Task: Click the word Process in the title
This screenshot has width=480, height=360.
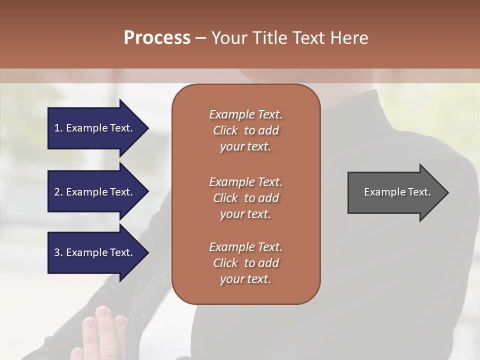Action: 157,37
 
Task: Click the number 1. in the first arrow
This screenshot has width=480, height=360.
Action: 58,128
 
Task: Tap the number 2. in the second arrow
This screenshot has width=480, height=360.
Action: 58,192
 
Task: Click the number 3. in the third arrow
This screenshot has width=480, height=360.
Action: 58,252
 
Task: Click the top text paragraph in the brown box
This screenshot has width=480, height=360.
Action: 245,130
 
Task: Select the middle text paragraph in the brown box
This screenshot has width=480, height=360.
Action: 245,198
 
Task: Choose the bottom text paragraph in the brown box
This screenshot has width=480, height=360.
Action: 245,263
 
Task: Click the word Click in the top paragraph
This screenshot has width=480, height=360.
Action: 225,130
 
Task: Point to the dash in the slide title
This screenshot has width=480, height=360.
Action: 201,38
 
